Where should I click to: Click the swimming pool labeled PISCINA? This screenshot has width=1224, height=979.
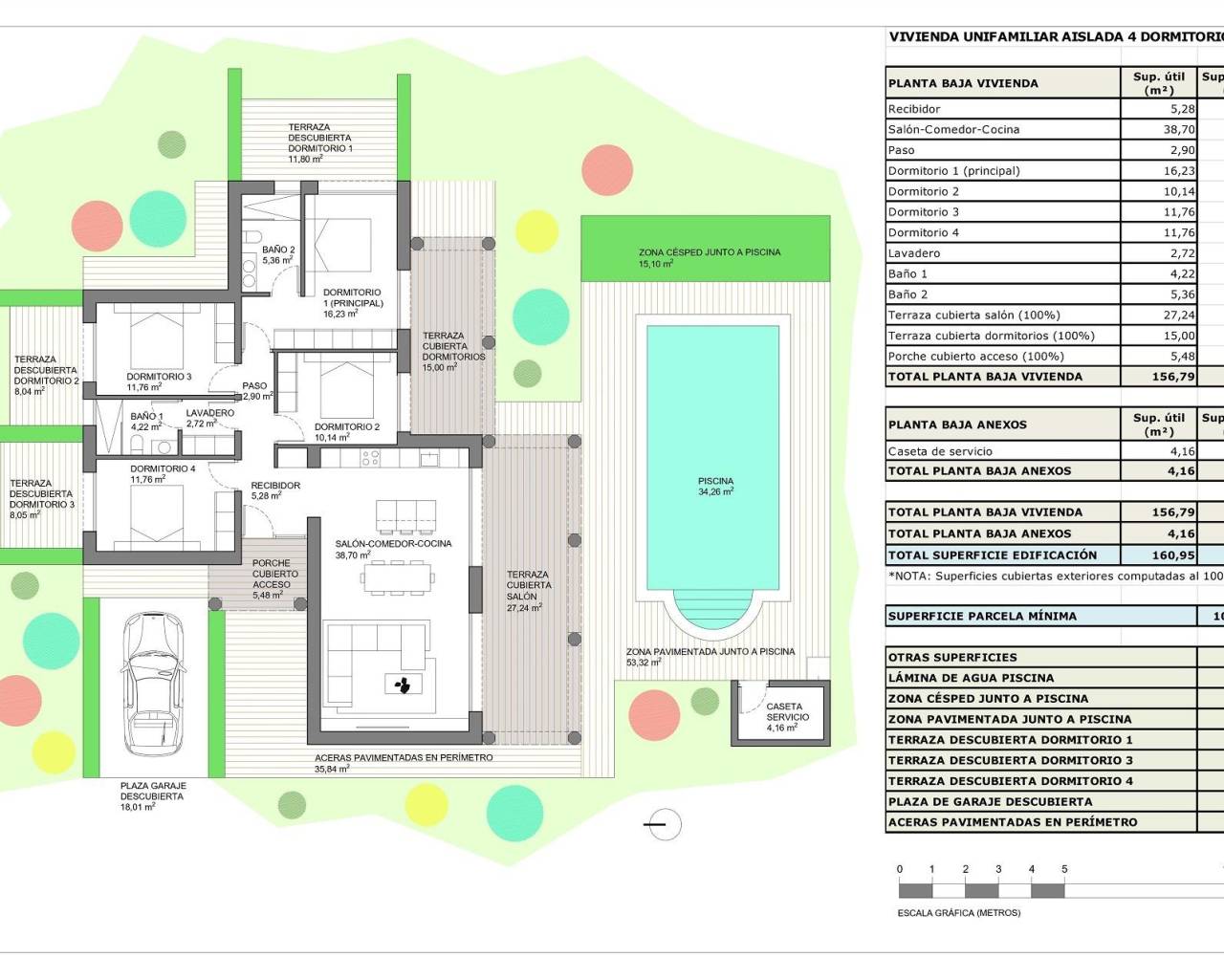click(714, 459)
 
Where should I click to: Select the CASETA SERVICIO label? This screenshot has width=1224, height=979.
click(787, 717)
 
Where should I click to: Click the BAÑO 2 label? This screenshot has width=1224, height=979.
click(278, 254)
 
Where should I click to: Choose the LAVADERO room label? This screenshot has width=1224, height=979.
click(209, 418)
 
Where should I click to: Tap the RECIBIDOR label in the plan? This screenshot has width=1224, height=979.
click(275, 490)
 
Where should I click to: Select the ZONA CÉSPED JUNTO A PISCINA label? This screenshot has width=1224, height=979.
click(709, 257)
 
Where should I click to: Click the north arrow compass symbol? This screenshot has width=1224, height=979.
click(664, 823)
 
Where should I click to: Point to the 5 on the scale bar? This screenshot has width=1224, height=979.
click(1064, 869)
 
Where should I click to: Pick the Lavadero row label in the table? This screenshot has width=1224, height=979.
click(913, 253)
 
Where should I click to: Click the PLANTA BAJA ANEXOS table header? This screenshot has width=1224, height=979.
click(957, 424)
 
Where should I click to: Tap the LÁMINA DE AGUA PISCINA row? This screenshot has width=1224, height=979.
click(971, 678)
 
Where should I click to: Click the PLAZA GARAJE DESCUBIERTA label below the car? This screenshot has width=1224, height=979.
click(152, 795)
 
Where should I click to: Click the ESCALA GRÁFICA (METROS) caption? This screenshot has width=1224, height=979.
click(958, 913)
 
